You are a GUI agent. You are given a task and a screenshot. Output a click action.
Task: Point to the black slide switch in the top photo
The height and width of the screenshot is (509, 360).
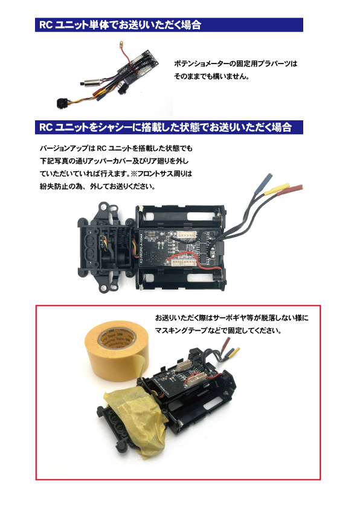122,89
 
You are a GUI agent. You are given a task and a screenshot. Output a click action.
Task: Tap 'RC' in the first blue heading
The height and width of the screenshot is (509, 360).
46,25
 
